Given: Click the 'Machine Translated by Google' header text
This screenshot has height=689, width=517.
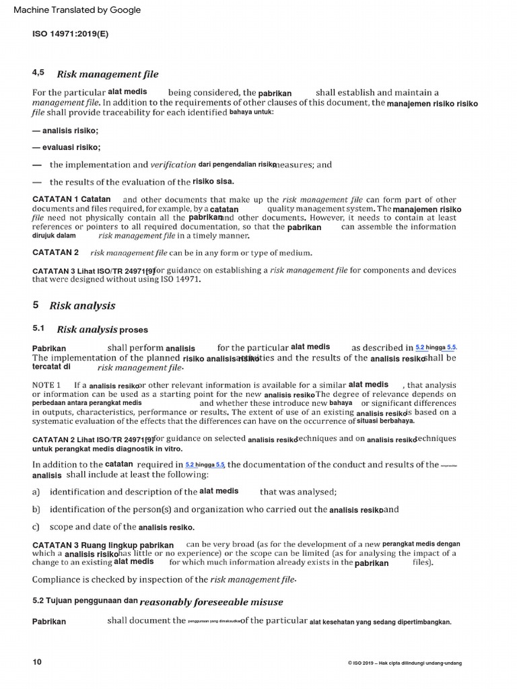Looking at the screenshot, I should coord(73,10).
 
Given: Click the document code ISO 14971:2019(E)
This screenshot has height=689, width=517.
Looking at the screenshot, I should coord(70,32).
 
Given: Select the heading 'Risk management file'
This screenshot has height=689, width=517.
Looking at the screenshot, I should coord(108,74).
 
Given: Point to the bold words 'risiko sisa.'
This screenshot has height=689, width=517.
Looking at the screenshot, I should coord(213,181).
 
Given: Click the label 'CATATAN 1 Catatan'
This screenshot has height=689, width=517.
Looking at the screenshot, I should coord(71,200).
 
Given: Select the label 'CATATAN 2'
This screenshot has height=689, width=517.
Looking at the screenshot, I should coord(56,252).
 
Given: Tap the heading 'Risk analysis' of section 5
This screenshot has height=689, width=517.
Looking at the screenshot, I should coord(82,305).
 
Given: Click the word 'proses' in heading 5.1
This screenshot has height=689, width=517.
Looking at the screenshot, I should coord(134,330).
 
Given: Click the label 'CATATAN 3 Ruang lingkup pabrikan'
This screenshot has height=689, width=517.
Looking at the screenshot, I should coord(103,544).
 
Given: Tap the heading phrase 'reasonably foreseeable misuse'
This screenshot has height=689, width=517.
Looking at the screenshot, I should coord(211,602).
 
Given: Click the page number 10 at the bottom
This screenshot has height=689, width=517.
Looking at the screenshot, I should coord(37,662).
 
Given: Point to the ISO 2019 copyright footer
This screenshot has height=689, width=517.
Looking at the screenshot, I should coord(405,663).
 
